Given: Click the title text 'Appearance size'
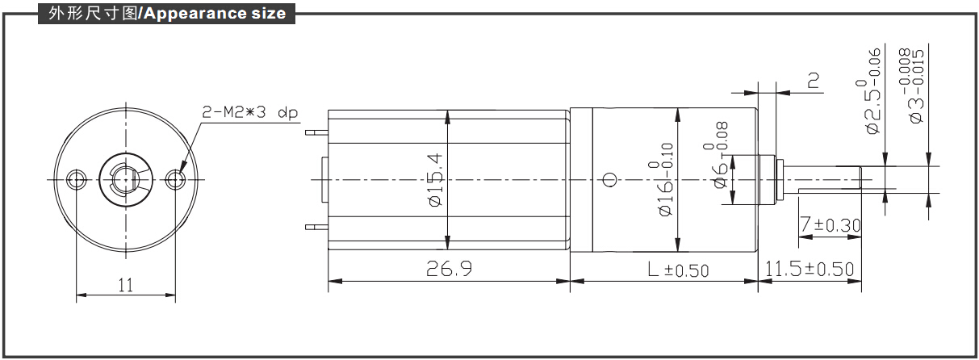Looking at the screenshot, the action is [215, 14].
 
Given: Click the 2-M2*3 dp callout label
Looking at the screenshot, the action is [249, 112].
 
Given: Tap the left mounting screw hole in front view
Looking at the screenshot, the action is [77, 179].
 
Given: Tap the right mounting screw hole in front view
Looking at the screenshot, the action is [176, 179].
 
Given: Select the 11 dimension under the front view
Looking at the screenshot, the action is [126, 285].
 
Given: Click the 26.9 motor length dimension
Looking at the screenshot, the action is [449, 268].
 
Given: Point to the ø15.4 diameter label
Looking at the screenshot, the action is [435, 179].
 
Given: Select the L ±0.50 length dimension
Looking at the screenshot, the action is [678, 270].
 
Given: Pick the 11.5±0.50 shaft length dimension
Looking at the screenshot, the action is [810, 269].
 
